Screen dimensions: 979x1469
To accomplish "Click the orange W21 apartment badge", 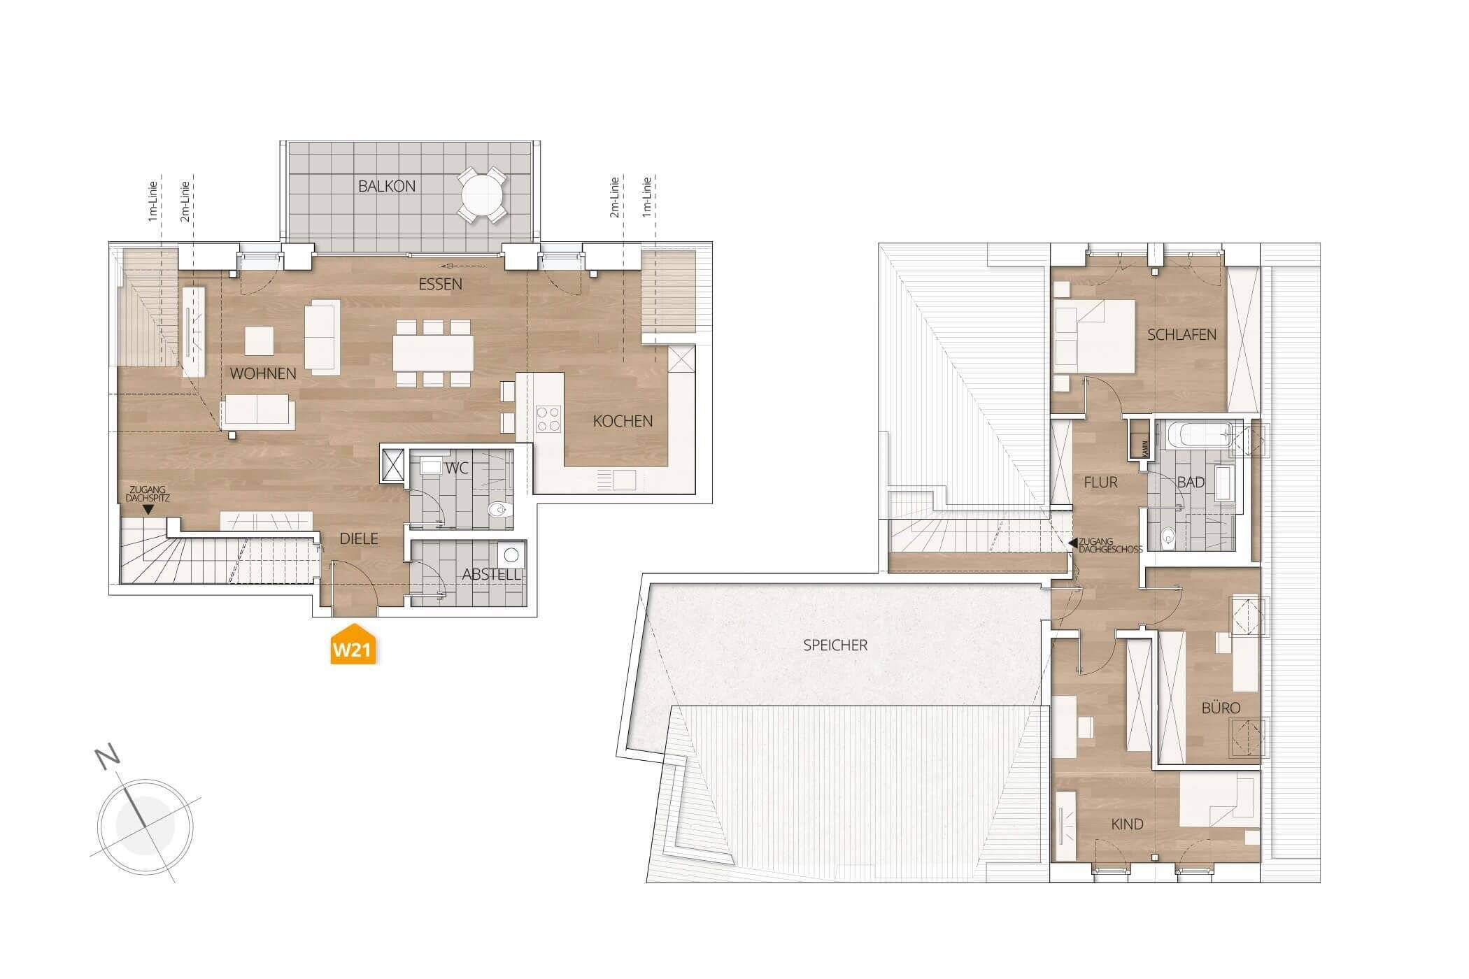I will pyautogui.click(x=353, y=647).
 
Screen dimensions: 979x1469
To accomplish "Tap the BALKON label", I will pyautogui.click(x=387, y=186).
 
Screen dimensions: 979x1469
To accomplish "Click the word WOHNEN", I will pyautogui.click(x=263, y=373).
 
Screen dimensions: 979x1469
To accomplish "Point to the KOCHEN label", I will pyautogui.click(x=623, y=421).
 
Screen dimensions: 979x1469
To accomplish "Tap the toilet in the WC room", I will pyautogui.click(x=499, y=508).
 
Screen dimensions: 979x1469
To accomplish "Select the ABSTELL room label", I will pyautogui.click(x=491, y=575).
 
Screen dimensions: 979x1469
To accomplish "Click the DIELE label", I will pyautogui.click(x=359, y=538).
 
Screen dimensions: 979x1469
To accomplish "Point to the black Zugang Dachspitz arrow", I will pyautogui.click(x=148, y=510).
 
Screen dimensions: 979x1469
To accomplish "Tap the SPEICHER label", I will pyautogui.click(x=835, y=645).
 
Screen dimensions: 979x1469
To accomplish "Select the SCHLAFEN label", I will pyautogui.click(x=1181, y=334).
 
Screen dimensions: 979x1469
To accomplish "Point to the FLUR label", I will pyautogui.click(x=1100, y=482).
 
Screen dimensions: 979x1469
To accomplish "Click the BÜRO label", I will pyautogui.click(x=1221, y=708).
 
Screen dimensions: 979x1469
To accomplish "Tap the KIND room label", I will pyautogui.click(x=1127, y=824).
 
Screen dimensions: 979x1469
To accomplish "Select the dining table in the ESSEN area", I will pyautogui.click(x=433, y=353).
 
